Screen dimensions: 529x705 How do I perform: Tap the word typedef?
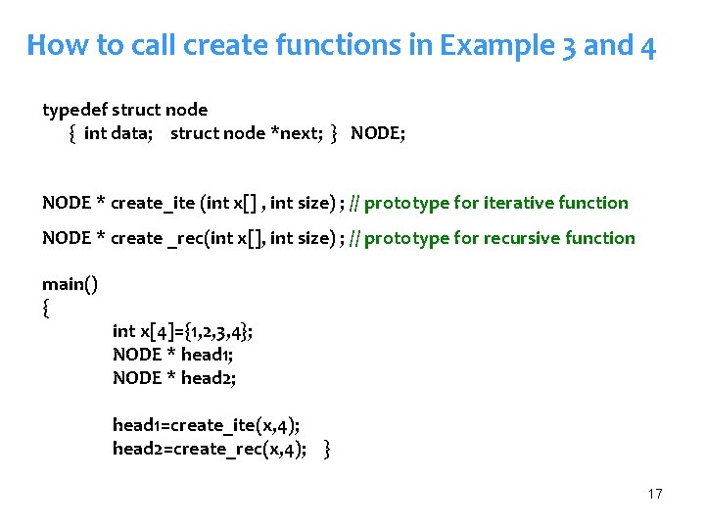click(75, 110)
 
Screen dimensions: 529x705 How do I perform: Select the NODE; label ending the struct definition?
click(378, 133)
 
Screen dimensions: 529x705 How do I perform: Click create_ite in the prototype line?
click(153, 203)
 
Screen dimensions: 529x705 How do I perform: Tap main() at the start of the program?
click(70, 284)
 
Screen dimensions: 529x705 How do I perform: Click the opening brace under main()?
click(46, 308)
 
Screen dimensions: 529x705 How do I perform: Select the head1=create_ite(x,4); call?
click(206, 425)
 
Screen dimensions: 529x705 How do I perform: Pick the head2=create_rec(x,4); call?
click(209, 449)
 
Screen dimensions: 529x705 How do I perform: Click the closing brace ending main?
click(327, 449)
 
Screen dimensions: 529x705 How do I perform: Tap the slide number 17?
click(655, 494)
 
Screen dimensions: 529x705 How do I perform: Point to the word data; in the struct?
click(129, 133)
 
